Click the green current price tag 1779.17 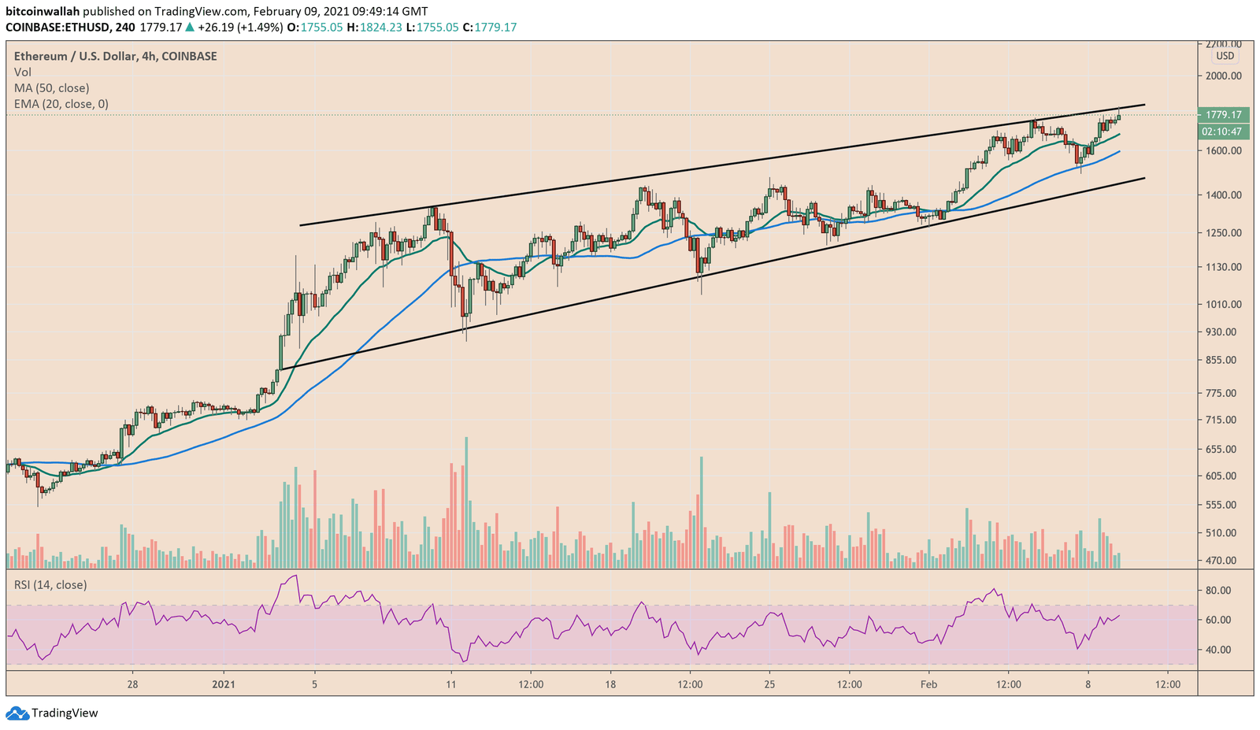[1222, 115]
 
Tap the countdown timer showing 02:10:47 [1222, 132]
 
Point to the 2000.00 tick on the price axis [1224, 76]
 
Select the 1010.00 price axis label [1224, 304]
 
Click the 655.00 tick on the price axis [1224, 449]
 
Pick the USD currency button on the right [1225, 56]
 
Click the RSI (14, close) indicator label [50, 584]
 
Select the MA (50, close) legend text [51, 88]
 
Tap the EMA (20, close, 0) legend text [61, 104]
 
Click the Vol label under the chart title [23, 72]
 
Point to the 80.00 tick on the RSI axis [1219, 590]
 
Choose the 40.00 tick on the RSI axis [1219, 650]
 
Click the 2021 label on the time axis [224, 684]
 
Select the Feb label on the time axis [928, 684]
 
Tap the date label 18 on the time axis [610, 684]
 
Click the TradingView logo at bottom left [53, 713]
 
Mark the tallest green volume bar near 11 [466, 502]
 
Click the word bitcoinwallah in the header [43, 12]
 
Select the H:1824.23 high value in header [380, 28]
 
